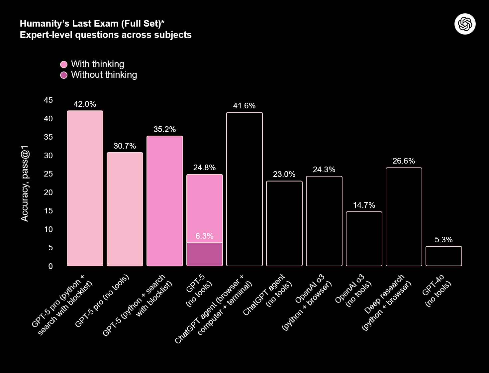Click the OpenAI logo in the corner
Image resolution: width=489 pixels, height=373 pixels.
pyautogui.click(x=465, y=24)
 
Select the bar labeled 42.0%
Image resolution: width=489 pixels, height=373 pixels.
pyautogui.click(x=85, y=188)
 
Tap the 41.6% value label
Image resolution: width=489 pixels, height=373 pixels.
pyautogui.click(x=244, y=106)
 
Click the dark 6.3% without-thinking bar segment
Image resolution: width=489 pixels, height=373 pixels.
pyautogui.click(x=205, y=254)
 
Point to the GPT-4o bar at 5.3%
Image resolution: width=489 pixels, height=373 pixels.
pyautogui.click(x=443, y=256)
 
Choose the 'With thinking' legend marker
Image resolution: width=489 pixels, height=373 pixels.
pyautogui.click(x=64, y=64)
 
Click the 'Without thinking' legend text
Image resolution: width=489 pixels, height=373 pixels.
pyautogui.click(x=104, y=75)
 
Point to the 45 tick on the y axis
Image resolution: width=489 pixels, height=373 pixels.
pyautogui.click(x=49, y=100)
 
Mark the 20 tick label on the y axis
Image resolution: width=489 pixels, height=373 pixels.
pyautogui.click(x=49, y=192)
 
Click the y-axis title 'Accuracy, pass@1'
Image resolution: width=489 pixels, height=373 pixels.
pyautogui.click(x=25, y=184)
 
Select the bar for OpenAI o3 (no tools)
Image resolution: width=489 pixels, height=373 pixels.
pyautogui.click(x=364, y=239)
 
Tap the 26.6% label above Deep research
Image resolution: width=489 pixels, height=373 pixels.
pyautogui.click(x=404, y=161)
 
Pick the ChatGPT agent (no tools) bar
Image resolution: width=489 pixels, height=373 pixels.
pyautogui.click(x=284, y=223)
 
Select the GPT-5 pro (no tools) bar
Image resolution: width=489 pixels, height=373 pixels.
pyautogui.click(x=125, y=209)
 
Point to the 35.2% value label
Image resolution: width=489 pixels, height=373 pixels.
pyautogui.click(x=164, y=129)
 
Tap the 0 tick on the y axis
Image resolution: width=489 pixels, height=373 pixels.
pyautogui.click(x=50, y=266)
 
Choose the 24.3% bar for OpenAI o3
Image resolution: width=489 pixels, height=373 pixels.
pyautogui.click(x=324, y=221)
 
